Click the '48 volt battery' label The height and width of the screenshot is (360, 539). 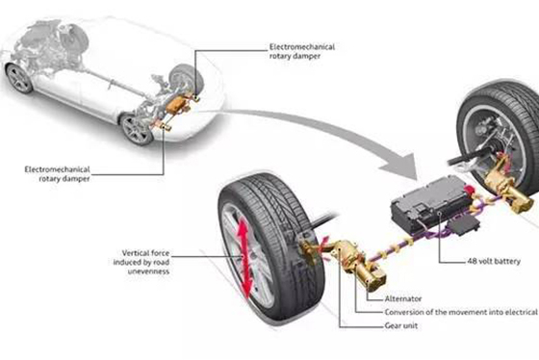pyautogui.click(x=494, y=261)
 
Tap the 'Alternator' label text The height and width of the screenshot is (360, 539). pyautogui.click(x=403, y=298)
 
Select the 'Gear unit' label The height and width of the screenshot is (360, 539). pyautogui.click(x=401, y=325)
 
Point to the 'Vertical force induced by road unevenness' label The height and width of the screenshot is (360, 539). pyautogui.click(x=141, y=262)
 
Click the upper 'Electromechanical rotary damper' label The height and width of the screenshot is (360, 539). pyautogui.click(x=302, y=51)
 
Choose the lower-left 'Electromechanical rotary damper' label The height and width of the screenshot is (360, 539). pyautogui.click(x=57, y=174)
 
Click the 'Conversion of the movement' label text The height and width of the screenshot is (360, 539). pyautogui.click(x=461, y=312)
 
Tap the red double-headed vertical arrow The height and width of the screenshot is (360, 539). pyautogui.click(x=244, y=259)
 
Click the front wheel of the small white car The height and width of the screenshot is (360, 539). pyautogui.click(x=19, y=78)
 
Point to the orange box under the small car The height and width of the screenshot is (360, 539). pyautogui.click(x=177, y=104)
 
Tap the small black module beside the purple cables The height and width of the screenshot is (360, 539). pyautogui.click(x=463, y=225)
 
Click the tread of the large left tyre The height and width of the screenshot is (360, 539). pyautogui.click(x=275, y=210)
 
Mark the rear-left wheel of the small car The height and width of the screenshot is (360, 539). pyautogui.click(x=137, y=130)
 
